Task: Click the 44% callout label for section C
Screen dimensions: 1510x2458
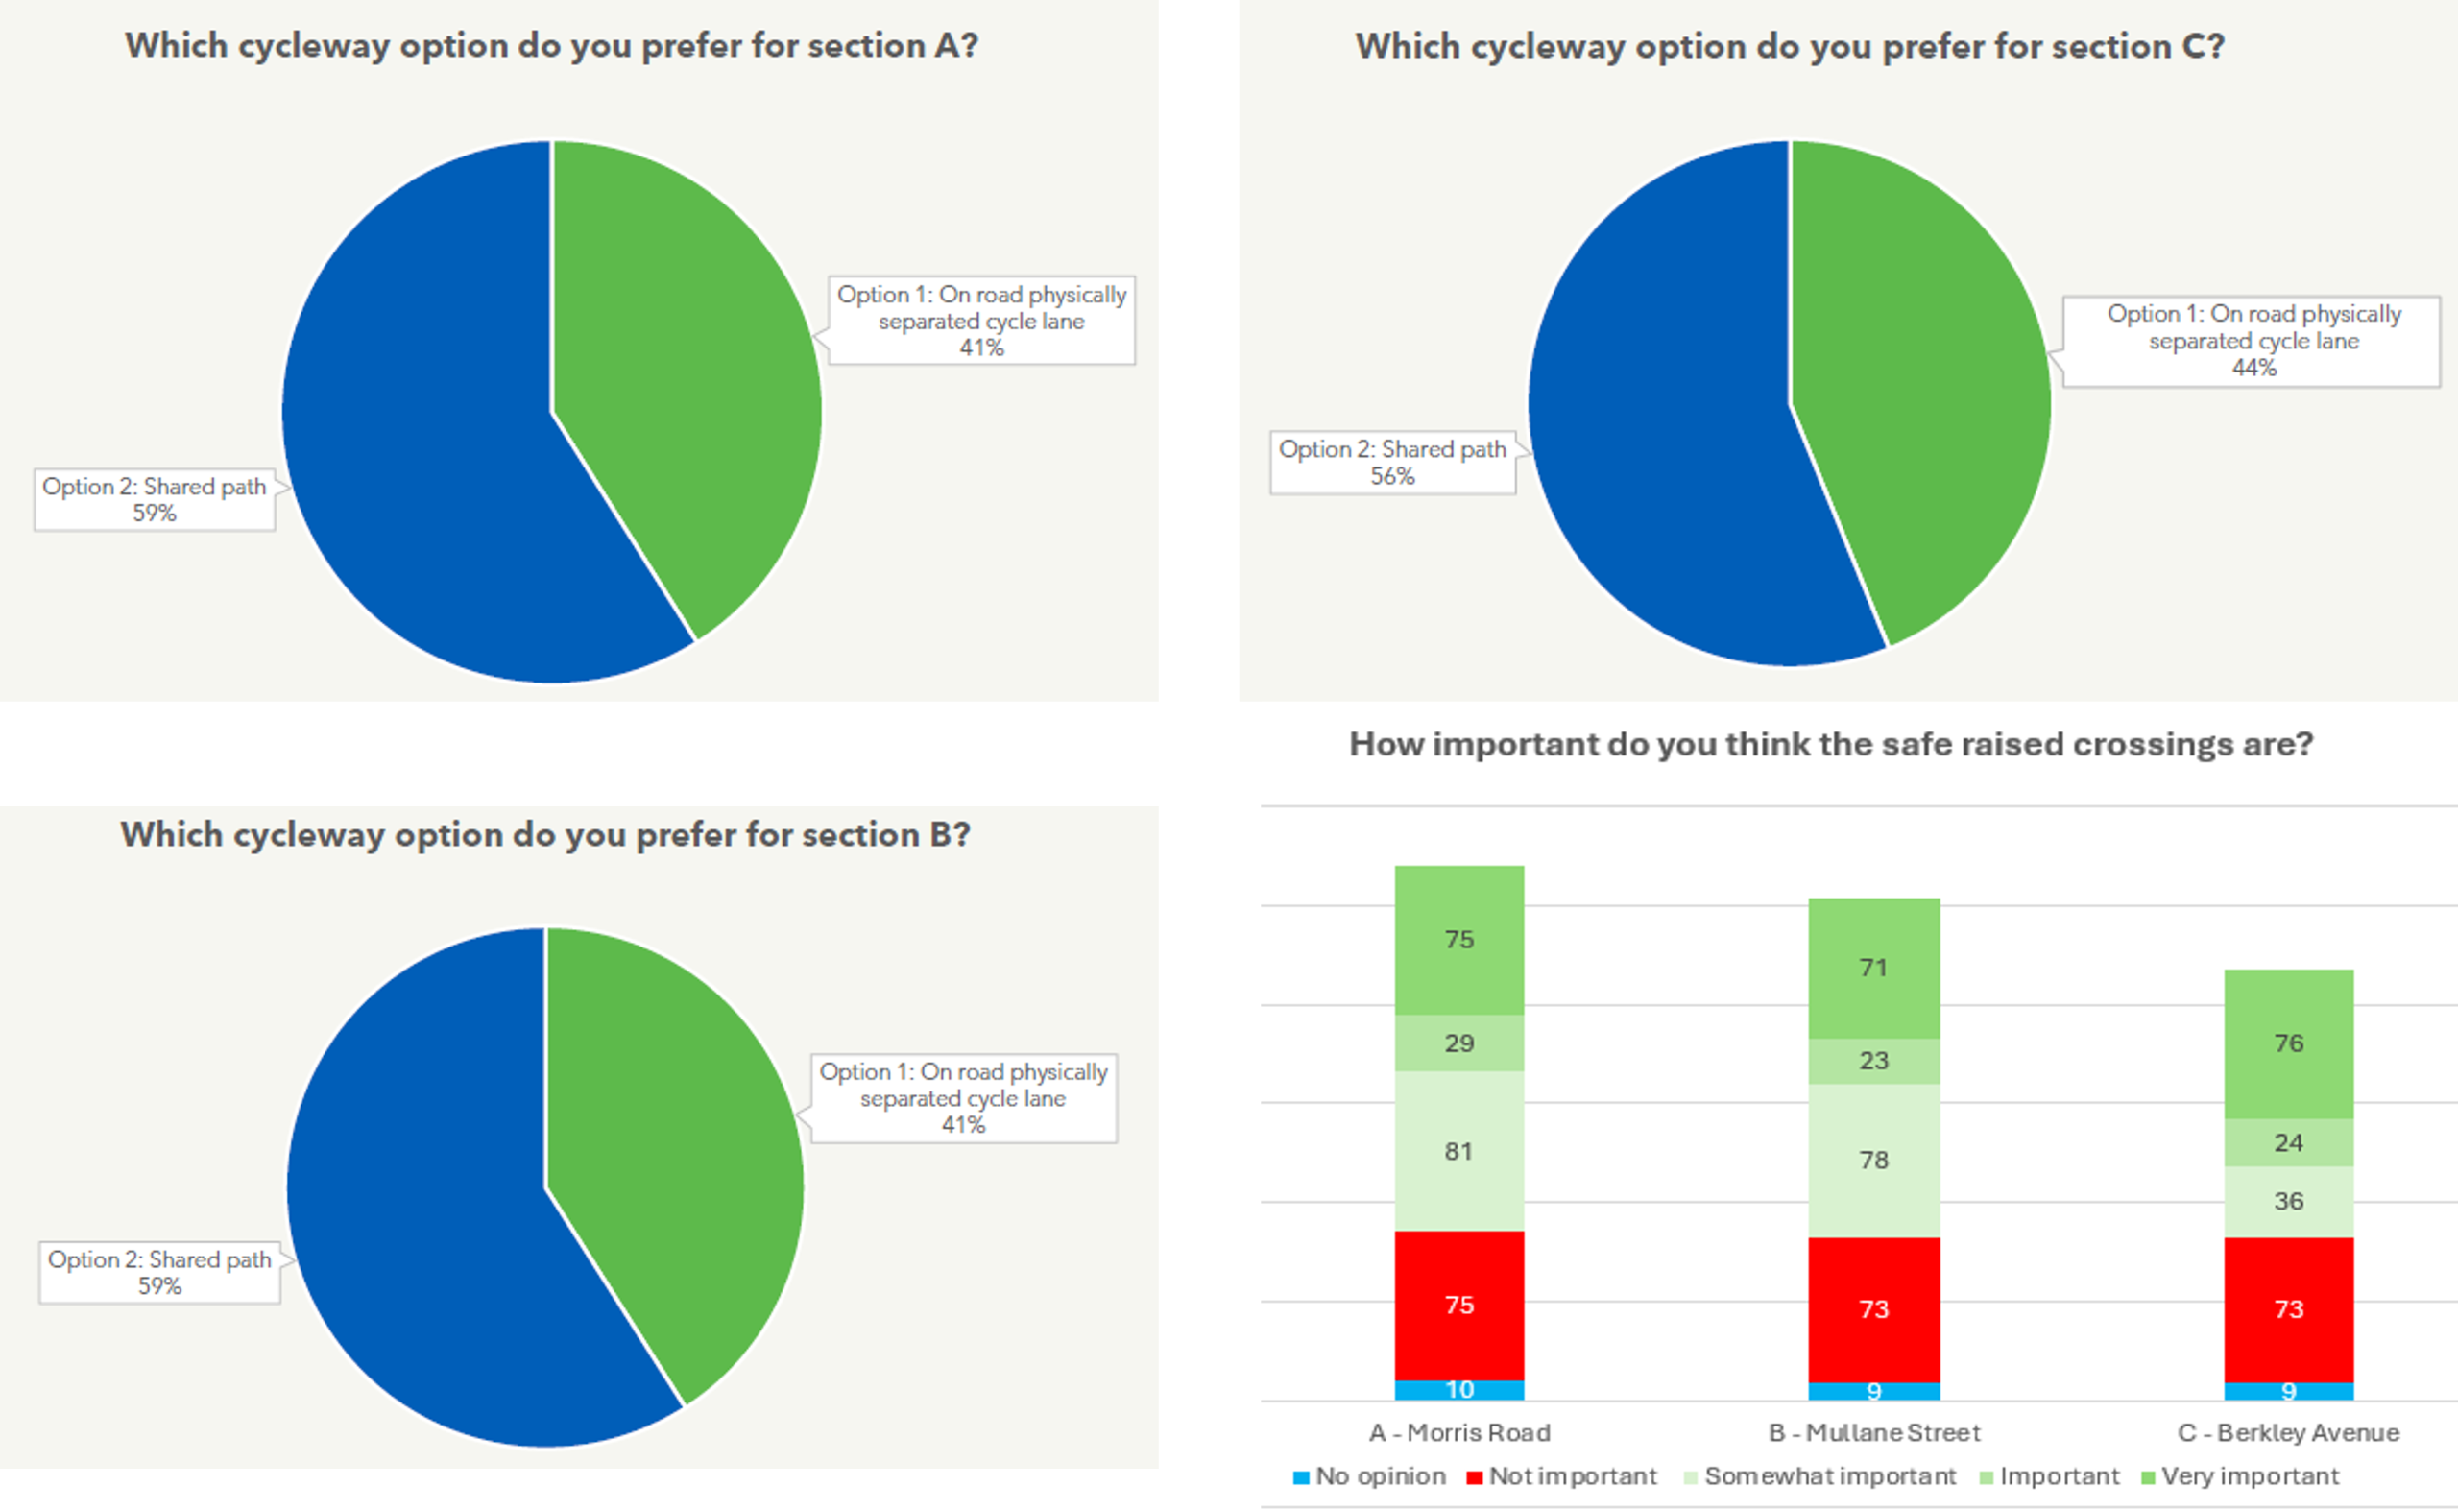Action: tap(2253, 342)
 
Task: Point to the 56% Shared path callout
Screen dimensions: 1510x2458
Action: tap(1392, 463)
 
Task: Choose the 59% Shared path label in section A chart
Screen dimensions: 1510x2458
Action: tap(155, 499)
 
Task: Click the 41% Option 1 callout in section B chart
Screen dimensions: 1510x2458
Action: tap(964, 1097)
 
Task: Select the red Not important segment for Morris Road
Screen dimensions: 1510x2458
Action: tap(1459, 1305)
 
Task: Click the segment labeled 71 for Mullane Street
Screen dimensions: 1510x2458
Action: tap(1873, 967)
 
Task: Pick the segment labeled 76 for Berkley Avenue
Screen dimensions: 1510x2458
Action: tap(2288, 1043)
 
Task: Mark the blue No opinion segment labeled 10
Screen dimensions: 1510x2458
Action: tap(1459, 1389)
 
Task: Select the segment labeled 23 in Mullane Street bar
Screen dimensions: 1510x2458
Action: tap(1873, 1061)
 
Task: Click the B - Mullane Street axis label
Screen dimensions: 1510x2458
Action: tap(1873, 1432)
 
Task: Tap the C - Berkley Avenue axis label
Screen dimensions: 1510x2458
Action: tap(2288, 1432)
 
